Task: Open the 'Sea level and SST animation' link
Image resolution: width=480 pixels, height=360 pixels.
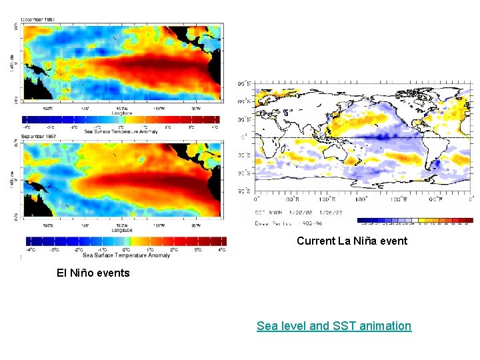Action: pyautogui.click(x=334, y=326)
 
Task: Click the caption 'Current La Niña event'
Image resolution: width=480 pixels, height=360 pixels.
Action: pyautogui.click(x=351, y=241)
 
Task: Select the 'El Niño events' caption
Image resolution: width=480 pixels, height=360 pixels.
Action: pyautogui.click(x=93, y=273)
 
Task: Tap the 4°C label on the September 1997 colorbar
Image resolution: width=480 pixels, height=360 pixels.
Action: pyautogui.click(x=222, y=249)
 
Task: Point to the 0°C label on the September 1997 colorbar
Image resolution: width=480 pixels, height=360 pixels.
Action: pyautogui.click(x=125, y=249)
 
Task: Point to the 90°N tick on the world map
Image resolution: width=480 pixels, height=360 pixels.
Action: pyautogui.click(x=245, y=84)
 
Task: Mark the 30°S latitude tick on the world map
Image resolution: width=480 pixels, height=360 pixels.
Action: pyautogui.click(x=245, y=156)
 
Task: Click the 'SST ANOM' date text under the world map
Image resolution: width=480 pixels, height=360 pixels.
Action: pyautogui.click(x=293, y=211)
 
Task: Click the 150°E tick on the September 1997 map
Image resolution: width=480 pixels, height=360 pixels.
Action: pyautogui.click(x=47, y=224)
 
